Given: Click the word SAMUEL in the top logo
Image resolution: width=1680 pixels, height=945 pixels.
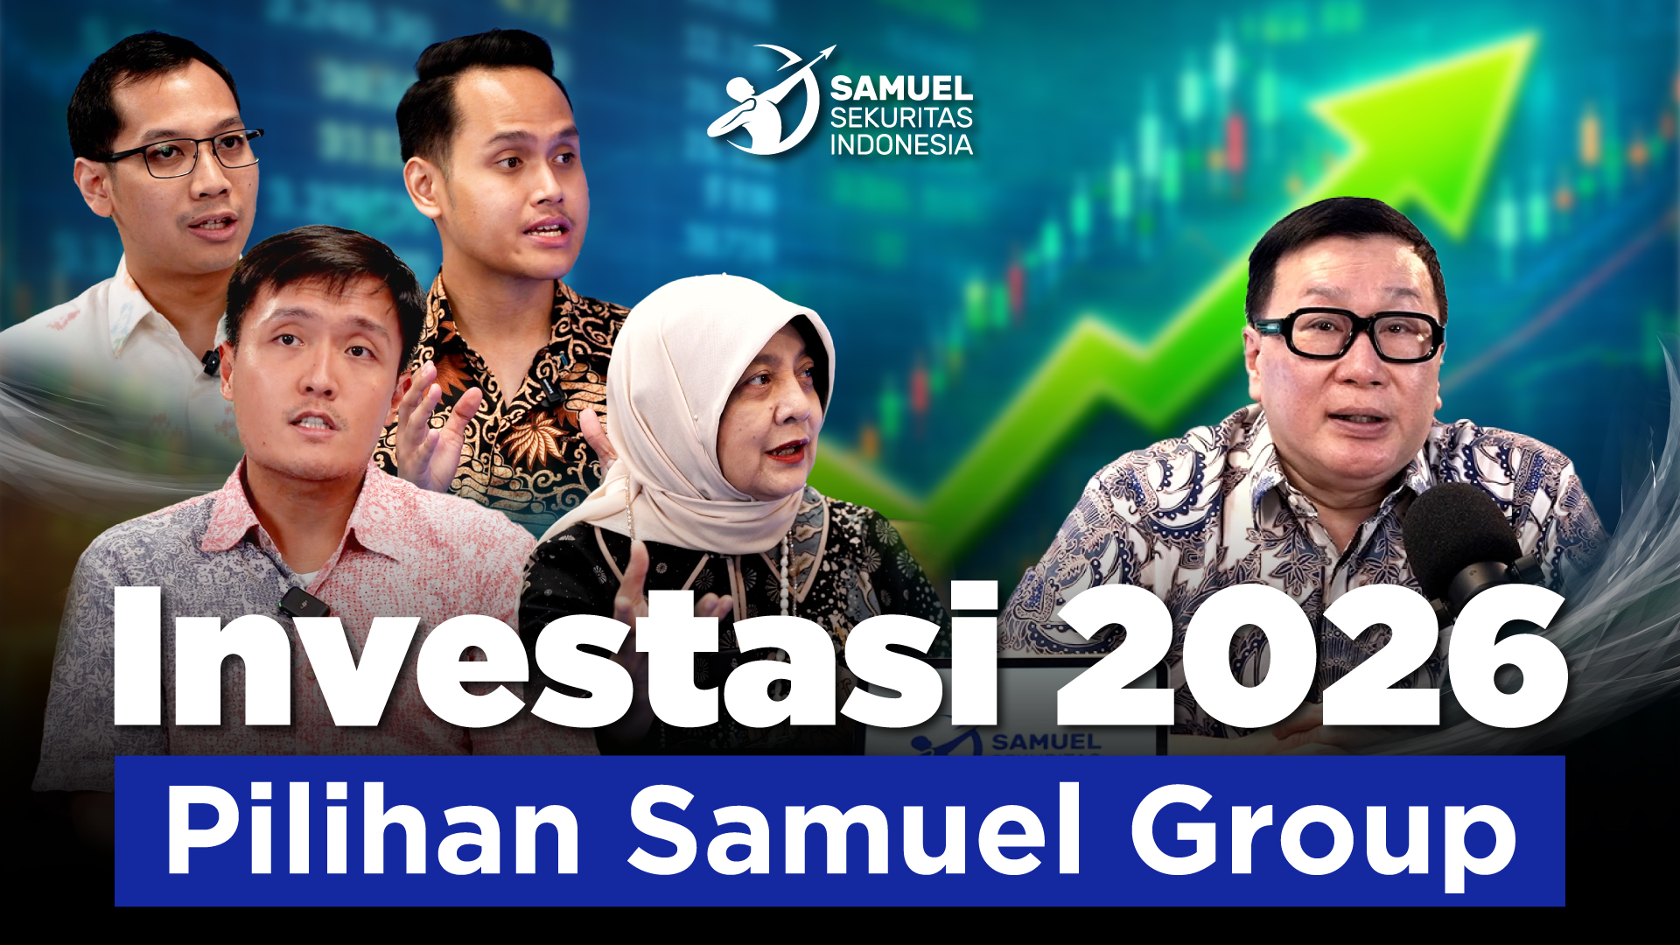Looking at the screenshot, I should pos(901,88).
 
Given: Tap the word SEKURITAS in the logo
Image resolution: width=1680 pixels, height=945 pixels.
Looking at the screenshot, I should pos(901,117).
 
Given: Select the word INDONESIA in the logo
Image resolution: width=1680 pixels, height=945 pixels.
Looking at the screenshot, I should pos(901,144).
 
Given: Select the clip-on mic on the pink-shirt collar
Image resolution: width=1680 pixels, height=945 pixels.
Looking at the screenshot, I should pos(302,601).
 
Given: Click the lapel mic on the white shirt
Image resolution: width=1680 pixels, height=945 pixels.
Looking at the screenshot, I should pos(210,360).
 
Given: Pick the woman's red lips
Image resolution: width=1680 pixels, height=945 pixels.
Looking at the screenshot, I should pos(785,451).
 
